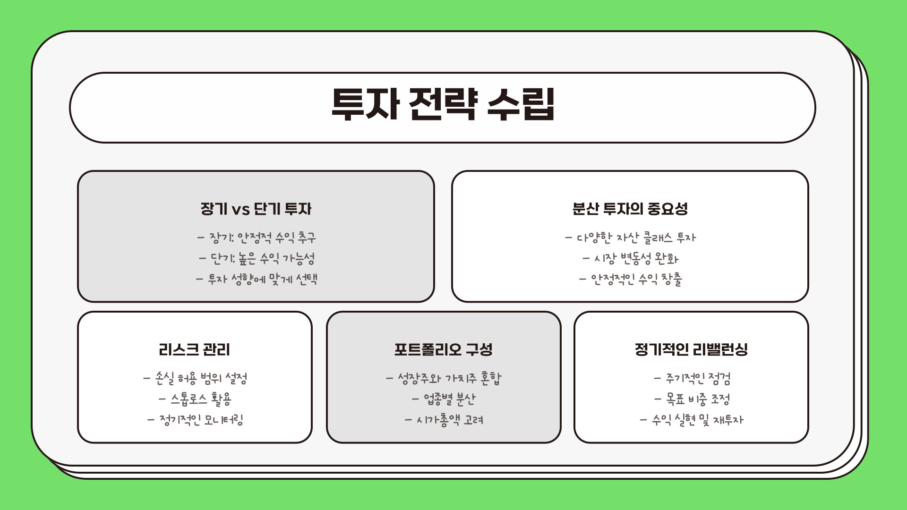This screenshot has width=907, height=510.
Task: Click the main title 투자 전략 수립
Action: pyautogui.click(x=443, y=105)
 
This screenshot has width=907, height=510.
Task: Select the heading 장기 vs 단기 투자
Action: pyautogui.click(x=256, y=209)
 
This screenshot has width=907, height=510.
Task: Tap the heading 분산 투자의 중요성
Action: pyautogui.click(x=630, y=209)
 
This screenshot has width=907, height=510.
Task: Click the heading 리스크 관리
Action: pyautogui.click(x=194, y=350)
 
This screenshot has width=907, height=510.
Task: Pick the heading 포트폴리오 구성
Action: pyautogui.click(x=443, y=350)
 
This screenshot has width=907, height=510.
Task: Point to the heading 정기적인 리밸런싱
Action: pyautogui.click(x=691, y=350)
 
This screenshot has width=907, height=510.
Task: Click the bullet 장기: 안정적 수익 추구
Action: pyautogui.click(x=257, y=238)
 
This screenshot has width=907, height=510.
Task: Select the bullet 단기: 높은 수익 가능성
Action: pyautogui.click(x=257, y=258)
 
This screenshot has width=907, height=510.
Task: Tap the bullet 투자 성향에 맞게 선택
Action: pyautogui.click(x=257, y=279)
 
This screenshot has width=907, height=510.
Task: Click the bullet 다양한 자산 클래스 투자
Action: pyautogui.click(x=630, y=238)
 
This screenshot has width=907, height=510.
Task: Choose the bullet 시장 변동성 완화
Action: pyautogui.click(x=630, y=258)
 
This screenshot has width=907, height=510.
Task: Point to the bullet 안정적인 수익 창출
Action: pyautogui.click(x=630, y=279)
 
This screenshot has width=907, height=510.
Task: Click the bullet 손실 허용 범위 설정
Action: pyautogui.click(x=195, y=378)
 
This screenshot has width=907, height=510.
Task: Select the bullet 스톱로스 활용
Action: pyautogui.click(x=195, y=399)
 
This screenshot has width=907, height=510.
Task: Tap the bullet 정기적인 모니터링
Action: pyautogui.click(x=195, y=420)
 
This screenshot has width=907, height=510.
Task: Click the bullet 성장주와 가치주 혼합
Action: pyautogui.click(x=444, y=378)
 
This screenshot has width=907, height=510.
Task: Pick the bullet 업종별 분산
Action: pyautogui.click(x=444, y=399)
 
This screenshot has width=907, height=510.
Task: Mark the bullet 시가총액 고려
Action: pyautogui.click(x=444, y=420)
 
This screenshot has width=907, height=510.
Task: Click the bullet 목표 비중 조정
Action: pyautogui.click(x=692, y=399)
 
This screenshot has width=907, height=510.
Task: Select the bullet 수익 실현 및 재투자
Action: pyautogui.click(x=692, y=420)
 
